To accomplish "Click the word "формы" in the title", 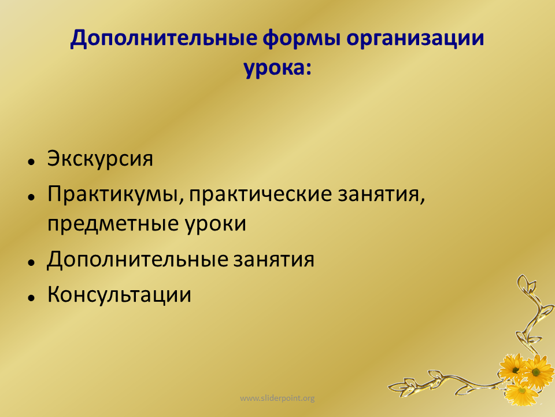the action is [301, 38].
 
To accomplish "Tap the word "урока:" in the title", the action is [277, 68].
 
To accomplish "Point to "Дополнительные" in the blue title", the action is [163, 38].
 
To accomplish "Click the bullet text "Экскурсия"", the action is [100, 159].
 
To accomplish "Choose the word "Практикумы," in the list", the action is [116, 195].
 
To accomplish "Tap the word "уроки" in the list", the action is [215, 224].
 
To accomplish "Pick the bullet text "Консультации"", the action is [119, 295].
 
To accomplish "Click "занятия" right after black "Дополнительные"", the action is [273, 259].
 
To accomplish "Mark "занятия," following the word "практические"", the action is [381, 195].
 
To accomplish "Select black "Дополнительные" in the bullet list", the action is [138, 259].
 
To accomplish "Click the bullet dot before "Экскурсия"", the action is [31, 162].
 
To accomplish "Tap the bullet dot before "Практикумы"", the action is [31, 197].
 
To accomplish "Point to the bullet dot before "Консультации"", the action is [31, 298].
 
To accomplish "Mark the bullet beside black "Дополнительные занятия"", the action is [31, 262].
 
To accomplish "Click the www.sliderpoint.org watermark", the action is [277, 398].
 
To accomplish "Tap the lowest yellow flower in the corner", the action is [521, 393].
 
